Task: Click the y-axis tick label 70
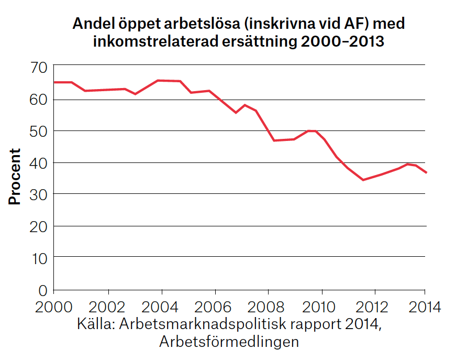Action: (39, 67)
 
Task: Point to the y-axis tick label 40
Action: (39, 162)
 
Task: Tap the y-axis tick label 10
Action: (39, 258)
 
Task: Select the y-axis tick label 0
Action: (43, 290)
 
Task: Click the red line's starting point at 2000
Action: (54, 82)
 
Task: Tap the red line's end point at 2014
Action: (426, 172)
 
